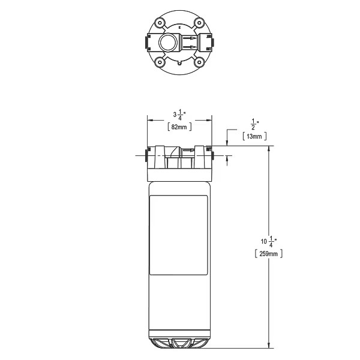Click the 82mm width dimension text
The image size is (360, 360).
tap(179, 127)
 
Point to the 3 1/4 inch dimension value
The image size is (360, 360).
tap(179, 114)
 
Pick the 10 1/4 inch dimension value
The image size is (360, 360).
tap(266, 241)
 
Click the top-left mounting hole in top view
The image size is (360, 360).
tap(158, 23)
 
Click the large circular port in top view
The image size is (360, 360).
tap(169, 43)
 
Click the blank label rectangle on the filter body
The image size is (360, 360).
tap(179, 235)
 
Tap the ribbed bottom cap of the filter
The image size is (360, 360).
tap(179, 343)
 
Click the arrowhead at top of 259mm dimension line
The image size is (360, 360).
tap(269, 149)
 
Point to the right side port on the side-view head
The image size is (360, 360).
tap(213, 157)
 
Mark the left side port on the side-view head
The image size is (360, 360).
tap(146, 157)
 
